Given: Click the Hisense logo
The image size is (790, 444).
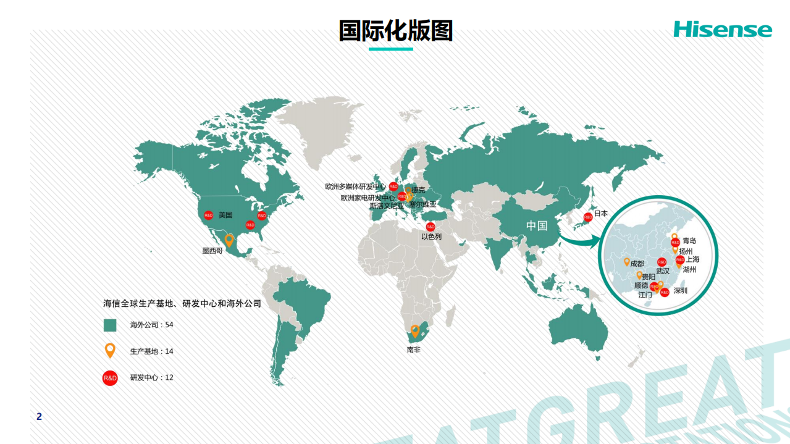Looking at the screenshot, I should coord(722,29).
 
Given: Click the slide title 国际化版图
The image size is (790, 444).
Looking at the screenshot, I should coord(395,30).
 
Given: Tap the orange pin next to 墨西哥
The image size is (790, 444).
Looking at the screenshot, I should coord(229,240).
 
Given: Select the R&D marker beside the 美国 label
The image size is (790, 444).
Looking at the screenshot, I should coord(209,215).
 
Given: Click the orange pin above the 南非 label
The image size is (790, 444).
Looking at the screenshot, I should coord(415,330).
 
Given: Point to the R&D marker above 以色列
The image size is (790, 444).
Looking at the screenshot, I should coord(431,227).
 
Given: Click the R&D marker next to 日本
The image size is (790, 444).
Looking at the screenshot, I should coord(587,217).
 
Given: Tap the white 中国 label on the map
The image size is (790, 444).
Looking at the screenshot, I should coord(537,225).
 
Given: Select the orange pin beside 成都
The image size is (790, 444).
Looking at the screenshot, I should coord(626,262).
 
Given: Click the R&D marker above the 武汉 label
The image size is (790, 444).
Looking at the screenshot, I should coord(662,262).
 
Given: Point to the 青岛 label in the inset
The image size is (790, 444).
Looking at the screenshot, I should coord(689,241).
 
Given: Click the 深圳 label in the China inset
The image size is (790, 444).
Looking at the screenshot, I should coord(681,290).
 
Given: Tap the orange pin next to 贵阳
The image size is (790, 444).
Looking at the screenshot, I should coord(639,275).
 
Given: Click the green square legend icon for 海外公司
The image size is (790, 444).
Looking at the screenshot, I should coord(110,325).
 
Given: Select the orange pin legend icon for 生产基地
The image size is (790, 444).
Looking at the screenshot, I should coord(110,350).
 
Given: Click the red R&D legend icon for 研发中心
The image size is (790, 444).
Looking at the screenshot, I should coord(110,377).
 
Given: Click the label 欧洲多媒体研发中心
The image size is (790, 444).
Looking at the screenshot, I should coord(356,186).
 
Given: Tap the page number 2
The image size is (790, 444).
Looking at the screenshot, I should coord(40,417).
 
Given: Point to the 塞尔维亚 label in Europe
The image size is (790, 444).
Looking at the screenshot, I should coord(422,204).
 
